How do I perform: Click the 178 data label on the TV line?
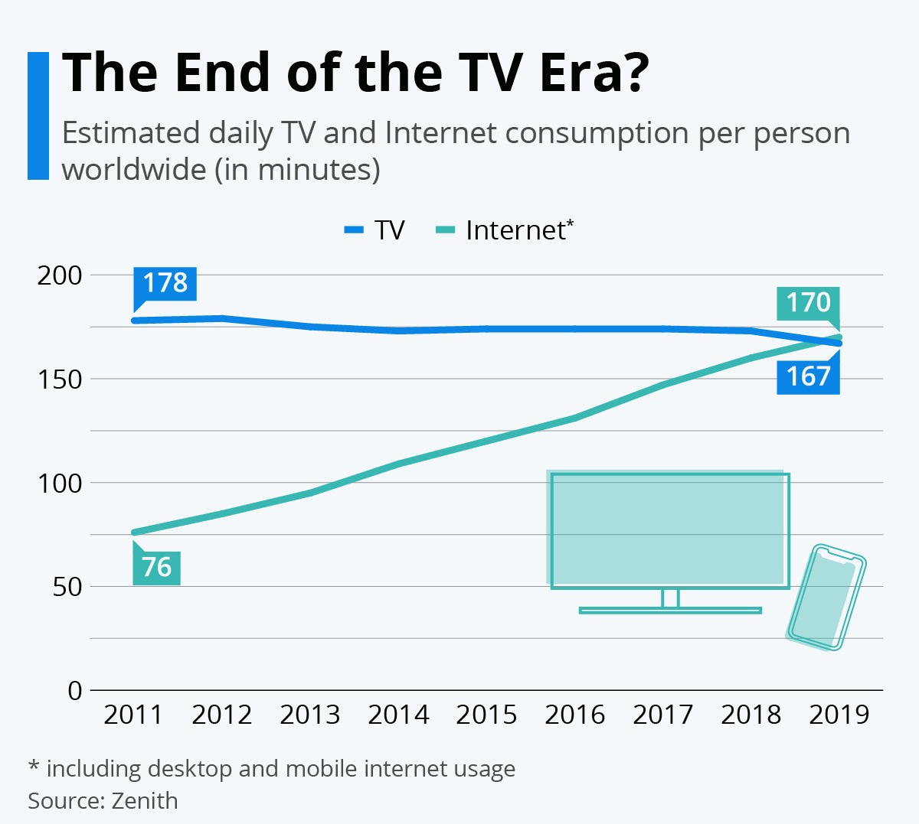165,283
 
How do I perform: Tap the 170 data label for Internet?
808,303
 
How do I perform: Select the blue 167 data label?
808,376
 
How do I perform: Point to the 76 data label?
156,568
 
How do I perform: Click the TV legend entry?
375,230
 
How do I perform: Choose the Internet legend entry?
505,230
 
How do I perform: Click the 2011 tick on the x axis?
133,715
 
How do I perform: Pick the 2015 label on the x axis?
486,715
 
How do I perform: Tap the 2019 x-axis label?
839,715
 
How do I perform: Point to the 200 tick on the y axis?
60,275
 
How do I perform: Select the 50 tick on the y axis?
67,588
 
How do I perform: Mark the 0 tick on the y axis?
74,691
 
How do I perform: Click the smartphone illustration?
826,598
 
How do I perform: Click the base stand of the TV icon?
670,610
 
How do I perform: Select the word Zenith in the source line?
145,801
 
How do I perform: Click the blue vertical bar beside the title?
38,116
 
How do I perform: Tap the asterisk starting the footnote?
34,766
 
